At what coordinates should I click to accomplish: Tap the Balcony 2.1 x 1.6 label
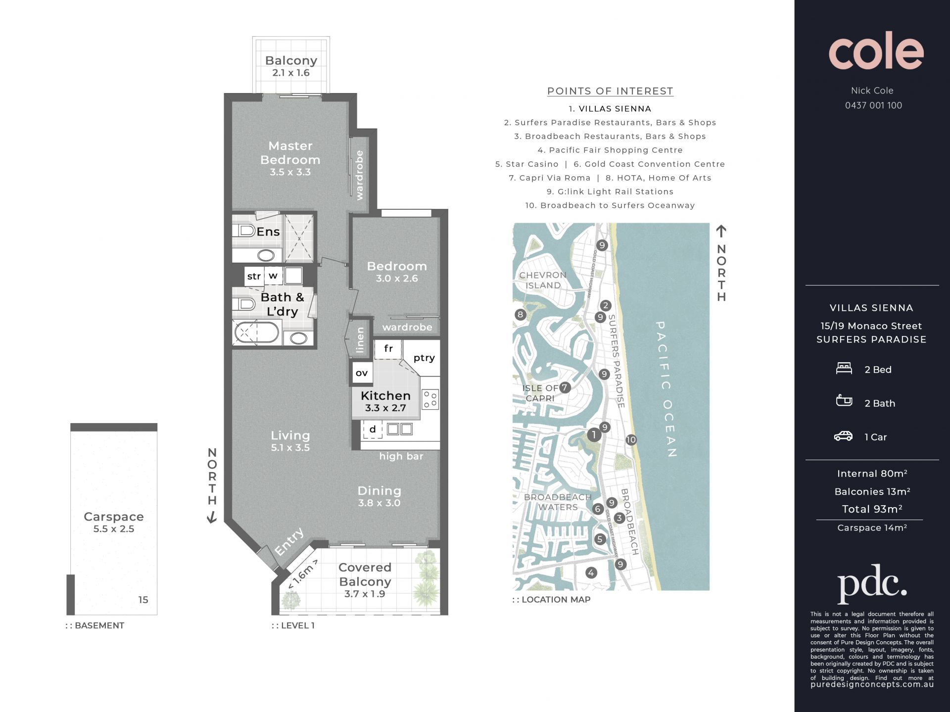pyautogui.click(x=291, y=66)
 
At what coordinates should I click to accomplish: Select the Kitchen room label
pyautogui.click(x=385, y=395)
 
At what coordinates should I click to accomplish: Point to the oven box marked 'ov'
pyautogui.click(x=362, y=373)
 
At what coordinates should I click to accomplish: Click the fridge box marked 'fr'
pyautogui.click(x=388, y=348)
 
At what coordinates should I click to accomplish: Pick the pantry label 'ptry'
pyautogui.click(x=424, y=358)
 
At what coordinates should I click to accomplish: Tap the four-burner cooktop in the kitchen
pyautogui.click(x=430, y=399)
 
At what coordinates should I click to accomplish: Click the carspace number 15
pyautogui.click(x=143, y=600)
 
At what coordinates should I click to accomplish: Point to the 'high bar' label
pyautogui.click(x=401, y=456)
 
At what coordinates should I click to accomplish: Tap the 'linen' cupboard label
pyautogui.click(x=360, y=339)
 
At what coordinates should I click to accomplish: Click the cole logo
pyautogui.click(x=876, y=50)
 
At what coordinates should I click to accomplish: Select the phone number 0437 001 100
pyautogui.click(x=873, y=105)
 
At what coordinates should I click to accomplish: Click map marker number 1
pyautogui.click(x=594, y=435)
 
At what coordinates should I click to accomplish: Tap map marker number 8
pyautogui.click(x=520, y=314)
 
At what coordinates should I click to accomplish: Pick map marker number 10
pyautogui.click(x=631, y=439)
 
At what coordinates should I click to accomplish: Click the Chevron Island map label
pyautogui.click(x=543, y=280)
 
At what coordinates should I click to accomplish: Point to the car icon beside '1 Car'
pyautogui.click(x=844, y=436)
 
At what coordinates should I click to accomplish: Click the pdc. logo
pyautogui.click(x=872, y=584)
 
